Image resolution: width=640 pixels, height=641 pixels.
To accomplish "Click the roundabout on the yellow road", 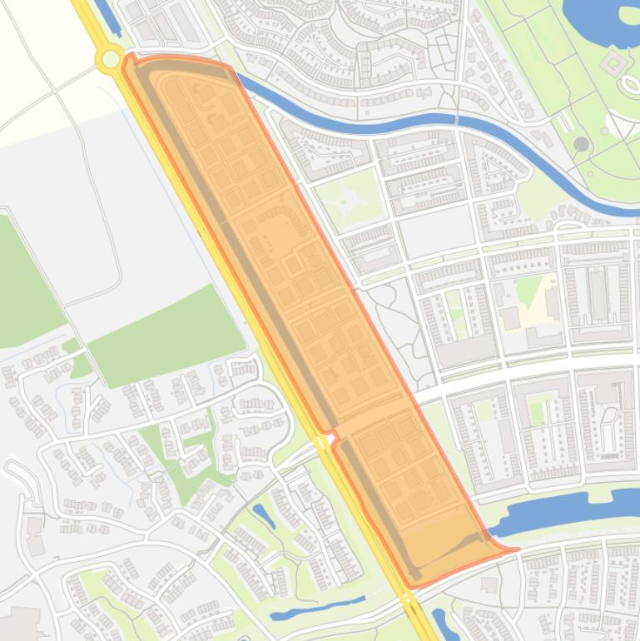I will click(x=109, y=58).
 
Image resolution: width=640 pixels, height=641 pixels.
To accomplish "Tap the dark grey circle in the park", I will click(x=581, y=144).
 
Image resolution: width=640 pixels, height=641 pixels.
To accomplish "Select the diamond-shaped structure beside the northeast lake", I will click(x=614, y=62).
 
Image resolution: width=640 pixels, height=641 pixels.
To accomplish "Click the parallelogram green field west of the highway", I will click(x=166, y=333).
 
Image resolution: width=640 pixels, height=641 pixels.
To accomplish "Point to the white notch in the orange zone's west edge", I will click(x=330, y=435).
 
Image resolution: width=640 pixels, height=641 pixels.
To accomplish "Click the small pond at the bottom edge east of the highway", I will click(x=441, y=621).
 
